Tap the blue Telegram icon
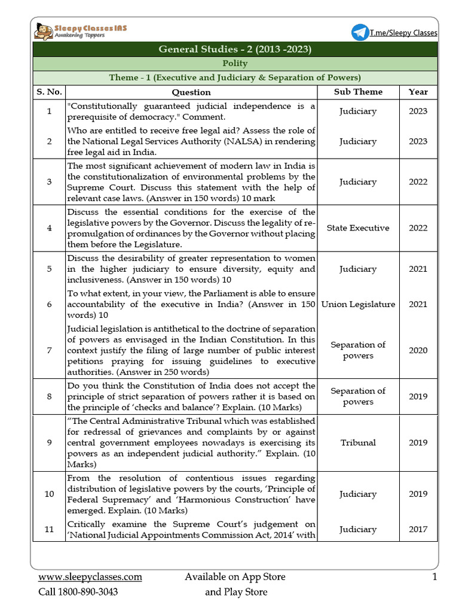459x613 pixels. [360, 32]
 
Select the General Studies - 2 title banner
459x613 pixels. [235, 49]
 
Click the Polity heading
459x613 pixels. [235, 63]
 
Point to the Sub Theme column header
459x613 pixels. [358, 92]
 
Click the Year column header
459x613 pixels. [418, 92]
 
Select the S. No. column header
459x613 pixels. [48, 92]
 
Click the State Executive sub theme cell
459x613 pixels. [358, 227]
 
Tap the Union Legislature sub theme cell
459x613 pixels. [358, 304]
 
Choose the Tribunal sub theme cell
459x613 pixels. [358, 442]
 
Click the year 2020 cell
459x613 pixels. [418, 350]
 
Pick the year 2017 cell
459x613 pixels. [418, 529]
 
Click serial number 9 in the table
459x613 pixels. [48, 442]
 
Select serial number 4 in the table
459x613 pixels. [48, 227]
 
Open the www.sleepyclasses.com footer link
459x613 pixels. [90, 577]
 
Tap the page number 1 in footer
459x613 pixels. [434, 577]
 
